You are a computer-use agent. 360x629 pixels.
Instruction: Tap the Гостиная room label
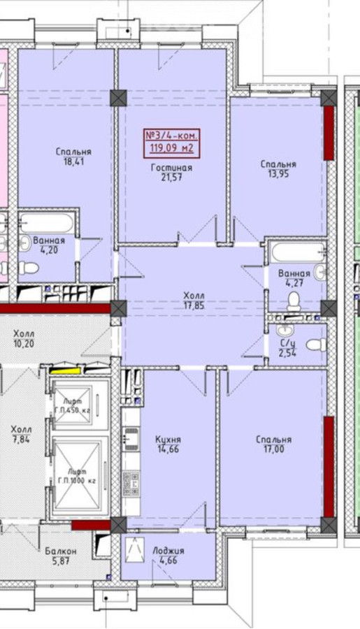[171, 168]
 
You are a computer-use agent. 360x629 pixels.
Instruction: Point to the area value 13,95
[278, 174]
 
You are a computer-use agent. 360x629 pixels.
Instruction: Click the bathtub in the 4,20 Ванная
[47, 223]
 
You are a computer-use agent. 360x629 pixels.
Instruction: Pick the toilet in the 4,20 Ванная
[29, 268]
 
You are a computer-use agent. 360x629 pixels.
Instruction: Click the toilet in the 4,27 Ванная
[294, 301]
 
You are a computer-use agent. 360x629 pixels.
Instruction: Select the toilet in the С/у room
[316, 345]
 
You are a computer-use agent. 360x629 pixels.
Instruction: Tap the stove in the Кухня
[131, 484]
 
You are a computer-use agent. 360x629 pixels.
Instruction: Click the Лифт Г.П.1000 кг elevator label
[77, 475]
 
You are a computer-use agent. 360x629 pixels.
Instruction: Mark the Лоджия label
[168, 551]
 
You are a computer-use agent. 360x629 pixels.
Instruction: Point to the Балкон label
[61, 551]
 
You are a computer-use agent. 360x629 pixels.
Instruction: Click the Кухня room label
[168, 440]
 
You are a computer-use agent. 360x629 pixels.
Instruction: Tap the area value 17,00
[274, 449]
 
